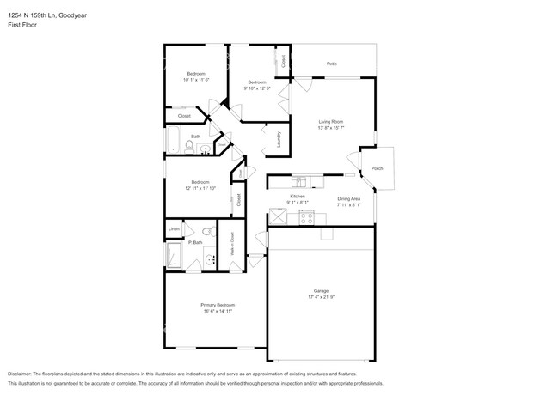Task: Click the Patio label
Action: click(331, 64)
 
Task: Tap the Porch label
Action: click(377, 169)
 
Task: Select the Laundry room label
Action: click(279, 139)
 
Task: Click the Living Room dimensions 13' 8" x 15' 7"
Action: click(331, 128)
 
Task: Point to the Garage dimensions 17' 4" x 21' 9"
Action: click(321, 296)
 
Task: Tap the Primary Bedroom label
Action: click(218, 306)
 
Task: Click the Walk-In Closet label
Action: click(232, 246)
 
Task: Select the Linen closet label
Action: click(174, 229)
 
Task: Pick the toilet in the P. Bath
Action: click(207, 232)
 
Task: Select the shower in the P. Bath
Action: click(175, 256)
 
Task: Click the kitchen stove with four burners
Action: click(306, 217)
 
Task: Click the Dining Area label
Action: click(348, 199)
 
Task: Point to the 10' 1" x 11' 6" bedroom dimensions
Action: click(195, 79)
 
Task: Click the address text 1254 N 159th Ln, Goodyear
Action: click(40, 15)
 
